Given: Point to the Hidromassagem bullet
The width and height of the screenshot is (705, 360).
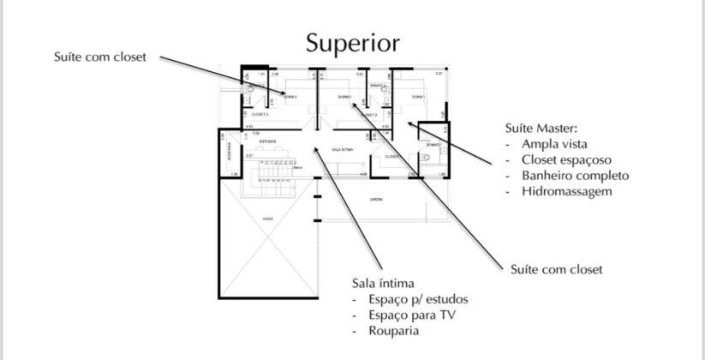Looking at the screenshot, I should point(566,191).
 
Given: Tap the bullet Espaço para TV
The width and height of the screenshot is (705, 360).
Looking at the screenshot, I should point(406,315).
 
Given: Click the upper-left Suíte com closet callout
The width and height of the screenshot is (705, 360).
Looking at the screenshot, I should point(99,57).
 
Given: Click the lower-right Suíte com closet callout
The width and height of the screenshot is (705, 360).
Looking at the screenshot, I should point(556,269).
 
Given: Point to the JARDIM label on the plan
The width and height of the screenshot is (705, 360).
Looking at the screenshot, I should point(375,199).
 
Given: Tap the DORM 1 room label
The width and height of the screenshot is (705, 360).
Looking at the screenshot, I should point(418,97).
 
